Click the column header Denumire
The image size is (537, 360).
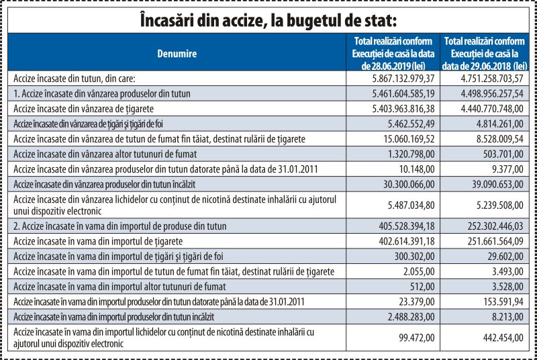(x=177, y=54)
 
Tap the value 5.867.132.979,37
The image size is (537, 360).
(x=403, y=79)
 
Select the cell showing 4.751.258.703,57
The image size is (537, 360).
(x=492, y=79)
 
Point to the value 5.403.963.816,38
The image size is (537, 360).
(x=403, y=109)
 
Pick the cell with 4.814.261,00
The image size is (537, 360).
(x=500, y=124)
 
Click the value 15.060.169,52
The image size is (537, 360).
(x=409, y=139)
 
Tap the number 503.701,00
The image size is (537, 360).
(x=503, y=154)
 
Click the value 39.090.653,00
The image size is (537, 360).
(x=497, y=184)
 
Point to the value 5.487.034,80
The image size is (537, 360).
(x=411, y=205)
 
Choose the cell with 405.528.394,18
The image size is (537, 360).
(x=407, y=226)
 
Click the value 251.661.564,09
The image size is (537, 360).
(x=495, y=241)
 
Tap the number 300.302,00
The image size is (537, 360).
(x=414, y=256)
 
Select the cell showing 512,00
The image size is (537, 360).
(x=422, y=286)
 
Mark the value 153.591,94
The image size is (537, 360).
(x=503, y=302)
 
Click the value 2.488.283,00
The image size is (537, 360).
(x=411, y=316)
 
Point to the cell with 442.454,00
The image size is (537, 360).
(x=503, y=338)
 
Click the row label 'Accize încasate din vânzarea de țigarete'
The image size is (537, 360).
(x=83, y=109)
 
